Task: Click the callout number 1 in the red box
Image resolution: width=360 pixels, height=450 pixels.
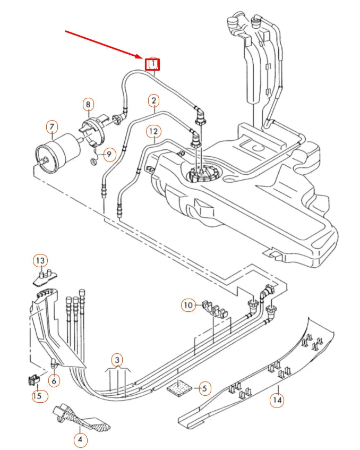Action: (x=153, y=64)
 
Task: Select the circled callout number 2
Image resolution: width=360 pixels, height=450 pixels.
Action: (x=153, y=100)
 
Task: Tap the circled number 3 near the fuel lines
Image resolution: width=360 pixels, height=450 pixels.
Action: (x=117, y=360)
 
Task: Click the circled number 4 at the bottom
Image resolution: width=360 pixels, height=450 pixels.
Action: (x=80, y=439)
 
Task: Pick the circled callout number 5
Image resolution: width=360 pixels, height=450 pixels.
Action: (x=203, y=388)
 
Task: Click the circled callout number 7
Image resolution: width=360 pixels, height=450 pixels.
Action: (x=52, y=128)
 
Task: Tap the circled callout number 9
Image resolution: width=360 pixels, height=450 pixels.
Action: (x=108, y=155)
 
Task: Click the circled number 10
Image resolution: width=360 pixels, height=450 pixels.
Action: (x=188, y=305)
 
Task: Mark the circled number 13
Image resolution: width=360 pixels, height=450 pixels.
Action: (x=40, y=260)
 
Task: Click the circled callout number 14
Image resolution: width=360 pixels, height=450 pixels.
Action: (x=276, y=400)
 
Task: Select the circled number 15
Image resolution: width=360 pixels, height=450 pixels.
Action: (x=38, y=396)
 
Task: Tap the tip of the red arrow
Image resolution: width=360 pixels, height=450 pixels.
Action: (x=142, y=57)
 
